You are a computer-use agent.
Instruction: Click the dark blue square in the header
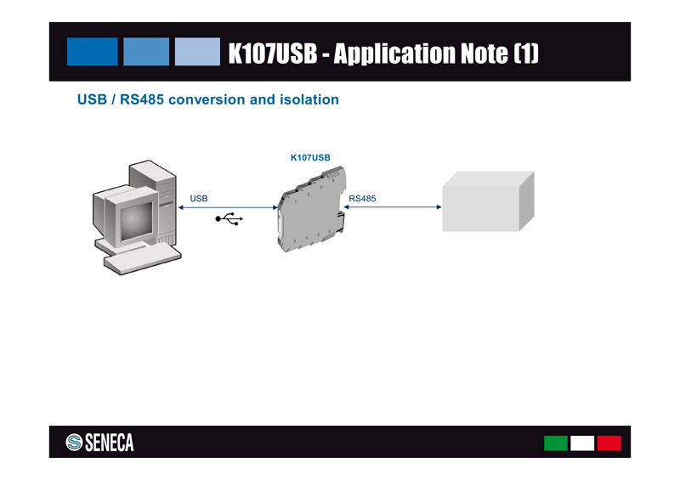click(x=92, y=51)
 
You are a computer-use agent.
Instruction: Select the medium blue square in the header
click(x=146, y=51)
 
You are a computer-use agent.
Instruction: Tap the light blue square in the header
click(x=198, y=51)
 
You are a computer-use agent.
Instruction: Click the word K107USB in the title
click(x=272, y=54)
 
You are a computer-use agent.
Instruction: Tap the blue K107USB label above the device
click(x=310, y=157)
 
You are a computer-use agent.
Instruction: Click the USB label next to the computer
click(x=199, y=198)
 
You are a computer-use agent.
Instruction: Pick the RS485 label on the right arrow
click(x=362, y=198)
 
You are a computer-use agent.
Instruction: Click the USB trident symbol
click(x=229, y=219)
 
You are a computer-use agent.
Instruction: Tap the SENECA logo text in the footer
click(x=109, y=443)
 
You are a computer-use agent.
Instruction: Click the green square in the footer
click(x=556, y=443)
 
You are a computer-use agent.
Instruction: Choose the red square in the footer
click(x=609, y=443)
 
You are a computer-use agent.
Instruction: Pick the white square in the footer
click(x=582, y=443)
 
